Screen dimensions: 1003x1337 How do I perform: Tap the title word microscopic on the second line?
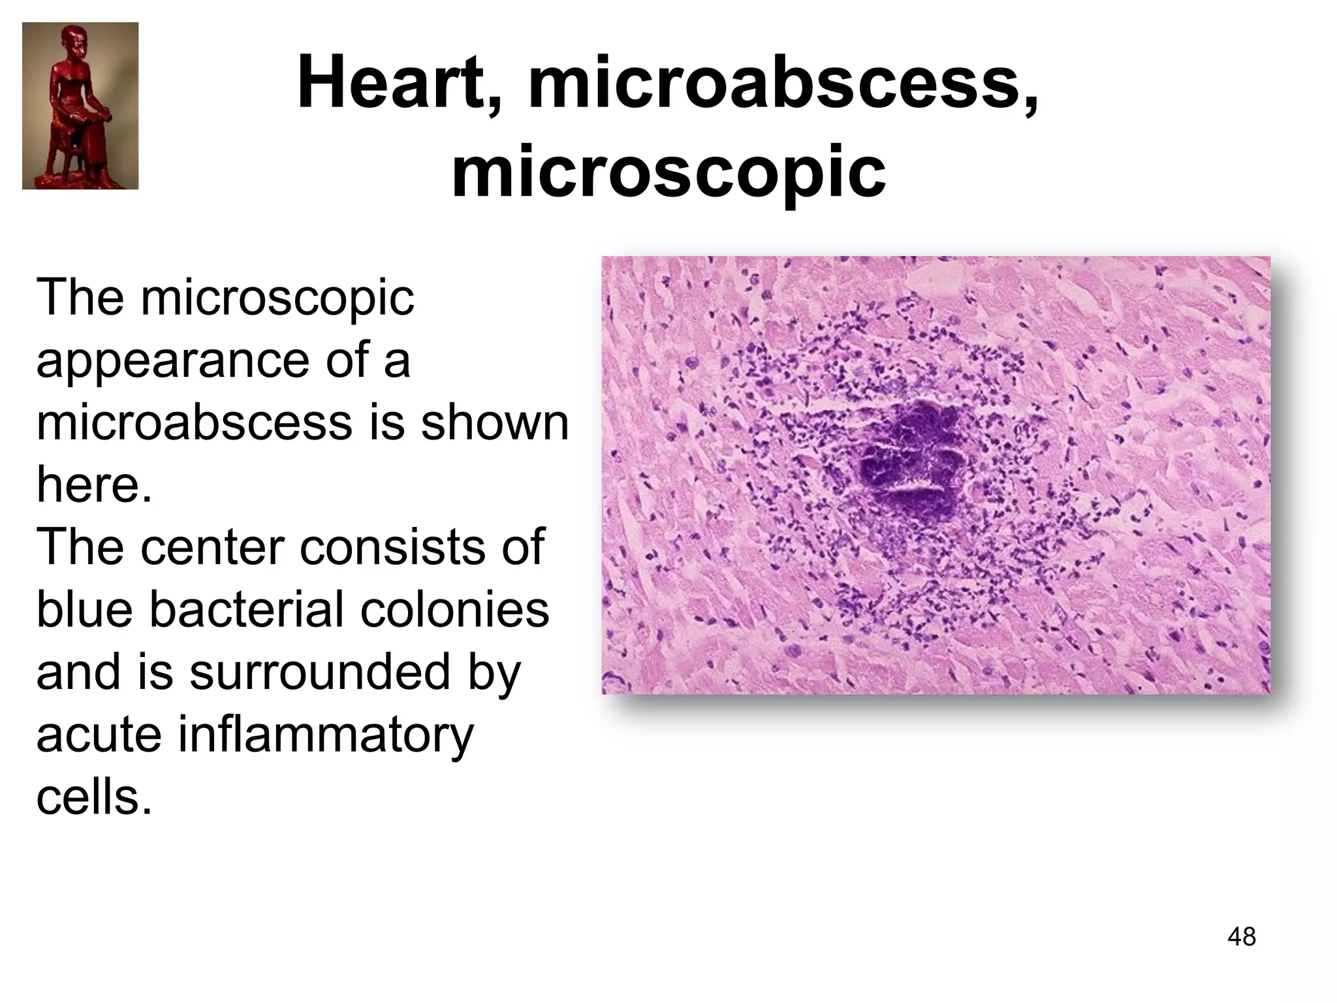click(668, 171)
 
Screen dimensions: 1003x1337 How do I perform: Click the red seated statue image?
click(80, 106)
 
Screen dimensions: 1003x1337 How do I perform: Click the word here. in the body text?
click(94, 485)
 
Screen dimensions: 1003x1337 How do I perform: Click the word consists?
click(392, 547)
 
